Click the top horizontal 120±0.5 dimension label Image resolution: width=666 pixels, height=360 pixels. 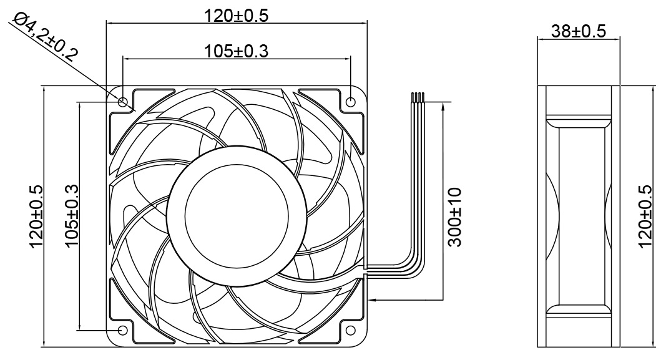(x=237, y=16)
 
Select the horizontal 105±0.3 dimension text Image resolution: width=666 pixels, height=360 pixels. (x=237, y=51)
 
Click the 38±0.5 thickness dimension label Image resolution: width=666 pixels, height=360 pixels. (x=578, y=31)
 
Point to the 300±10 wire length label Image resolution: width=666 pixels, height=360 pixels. (x=454, y=216)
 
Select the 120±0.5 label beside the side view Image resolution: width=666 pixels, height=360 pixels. (x=645, y=216)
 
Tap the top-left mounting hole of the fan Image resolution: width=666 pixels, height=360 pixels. (x=122, y=102)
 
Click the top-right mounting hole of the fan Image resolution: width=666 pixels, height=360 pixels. (x=351, y=102)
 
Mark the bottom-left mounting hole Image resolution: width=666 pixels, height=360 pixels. (x=122, y=329)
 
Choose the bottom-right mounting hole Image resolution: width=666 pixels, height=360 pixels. (x=351, y=329)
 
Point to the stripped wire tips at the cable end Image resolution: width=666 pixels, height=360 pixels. (x=418, y=97)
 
